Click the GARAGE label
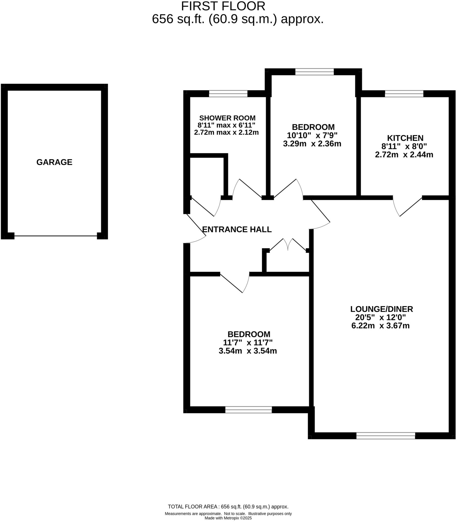tap(54, 162)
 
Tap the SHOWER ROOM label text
tap(227, 118)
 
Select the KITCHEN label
tap(405, 138)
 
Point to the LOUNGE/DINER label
tap(381, 309)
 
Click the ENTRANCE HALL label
tap(237, 229)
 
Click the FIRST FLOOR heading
tap(223, 6)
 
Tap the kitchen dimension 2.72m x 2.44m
tap(404, 155)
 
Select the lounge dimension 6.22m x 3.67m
tap(380, 326)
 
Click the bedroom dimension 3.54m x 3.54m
tap(248, 351)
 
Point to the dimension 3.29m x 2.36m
tap(312, 144)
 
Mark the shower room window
tap(228, 94)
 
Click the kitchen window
tap(404, 94)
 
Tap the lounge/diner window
tap(385, 436)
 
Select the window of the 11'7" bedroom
tap(248, 410)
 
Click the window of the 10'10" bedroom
tap(314, 72)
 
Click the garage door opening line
tap(56, 236)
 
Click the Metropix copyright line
tap(228, 518)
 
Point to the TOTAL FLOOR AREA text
tap(228, 507)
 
